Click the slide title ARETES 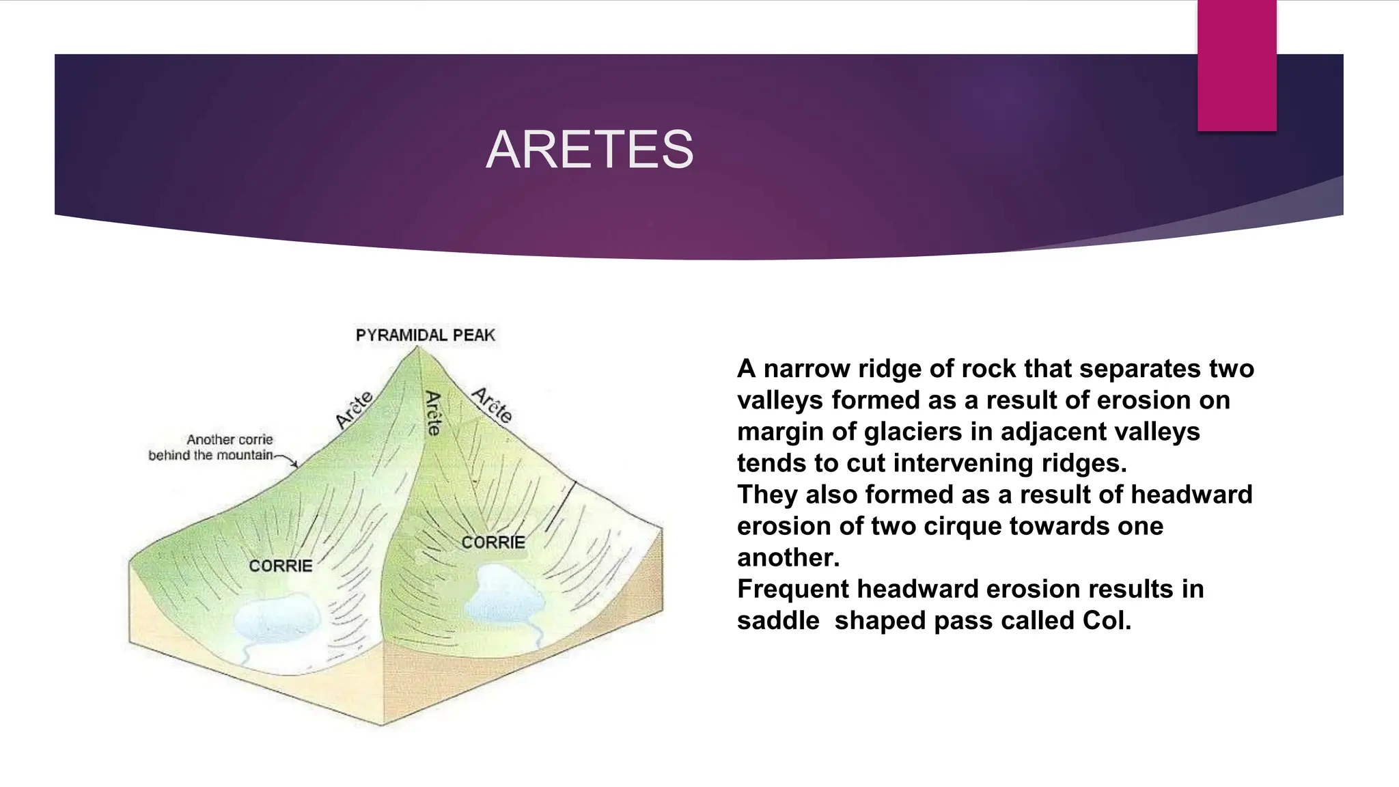590,150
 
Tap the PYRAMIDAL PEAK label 425,335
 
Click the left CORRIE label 280,566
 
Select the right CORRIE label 493,542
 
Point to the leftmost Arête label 354,409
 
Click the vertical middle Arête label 433,413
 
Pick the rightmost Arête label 493,405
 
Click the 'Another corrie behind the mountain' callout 212,447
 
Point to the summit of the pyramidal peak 417,348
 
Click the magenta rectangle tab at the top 1236,66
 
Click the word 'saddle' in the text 777,620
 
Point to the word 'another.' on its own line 788,557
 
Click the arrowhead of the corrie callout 295,465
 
